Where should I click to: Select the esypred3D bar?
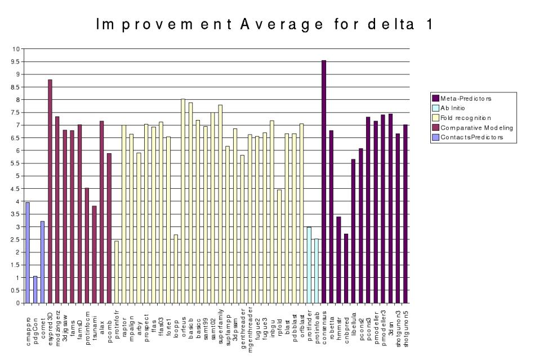click(x=50, y=192)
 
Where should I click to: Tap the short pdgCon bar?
click(x=35, y=290)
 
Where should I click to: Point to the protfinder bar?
click(x=309, y=265)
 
